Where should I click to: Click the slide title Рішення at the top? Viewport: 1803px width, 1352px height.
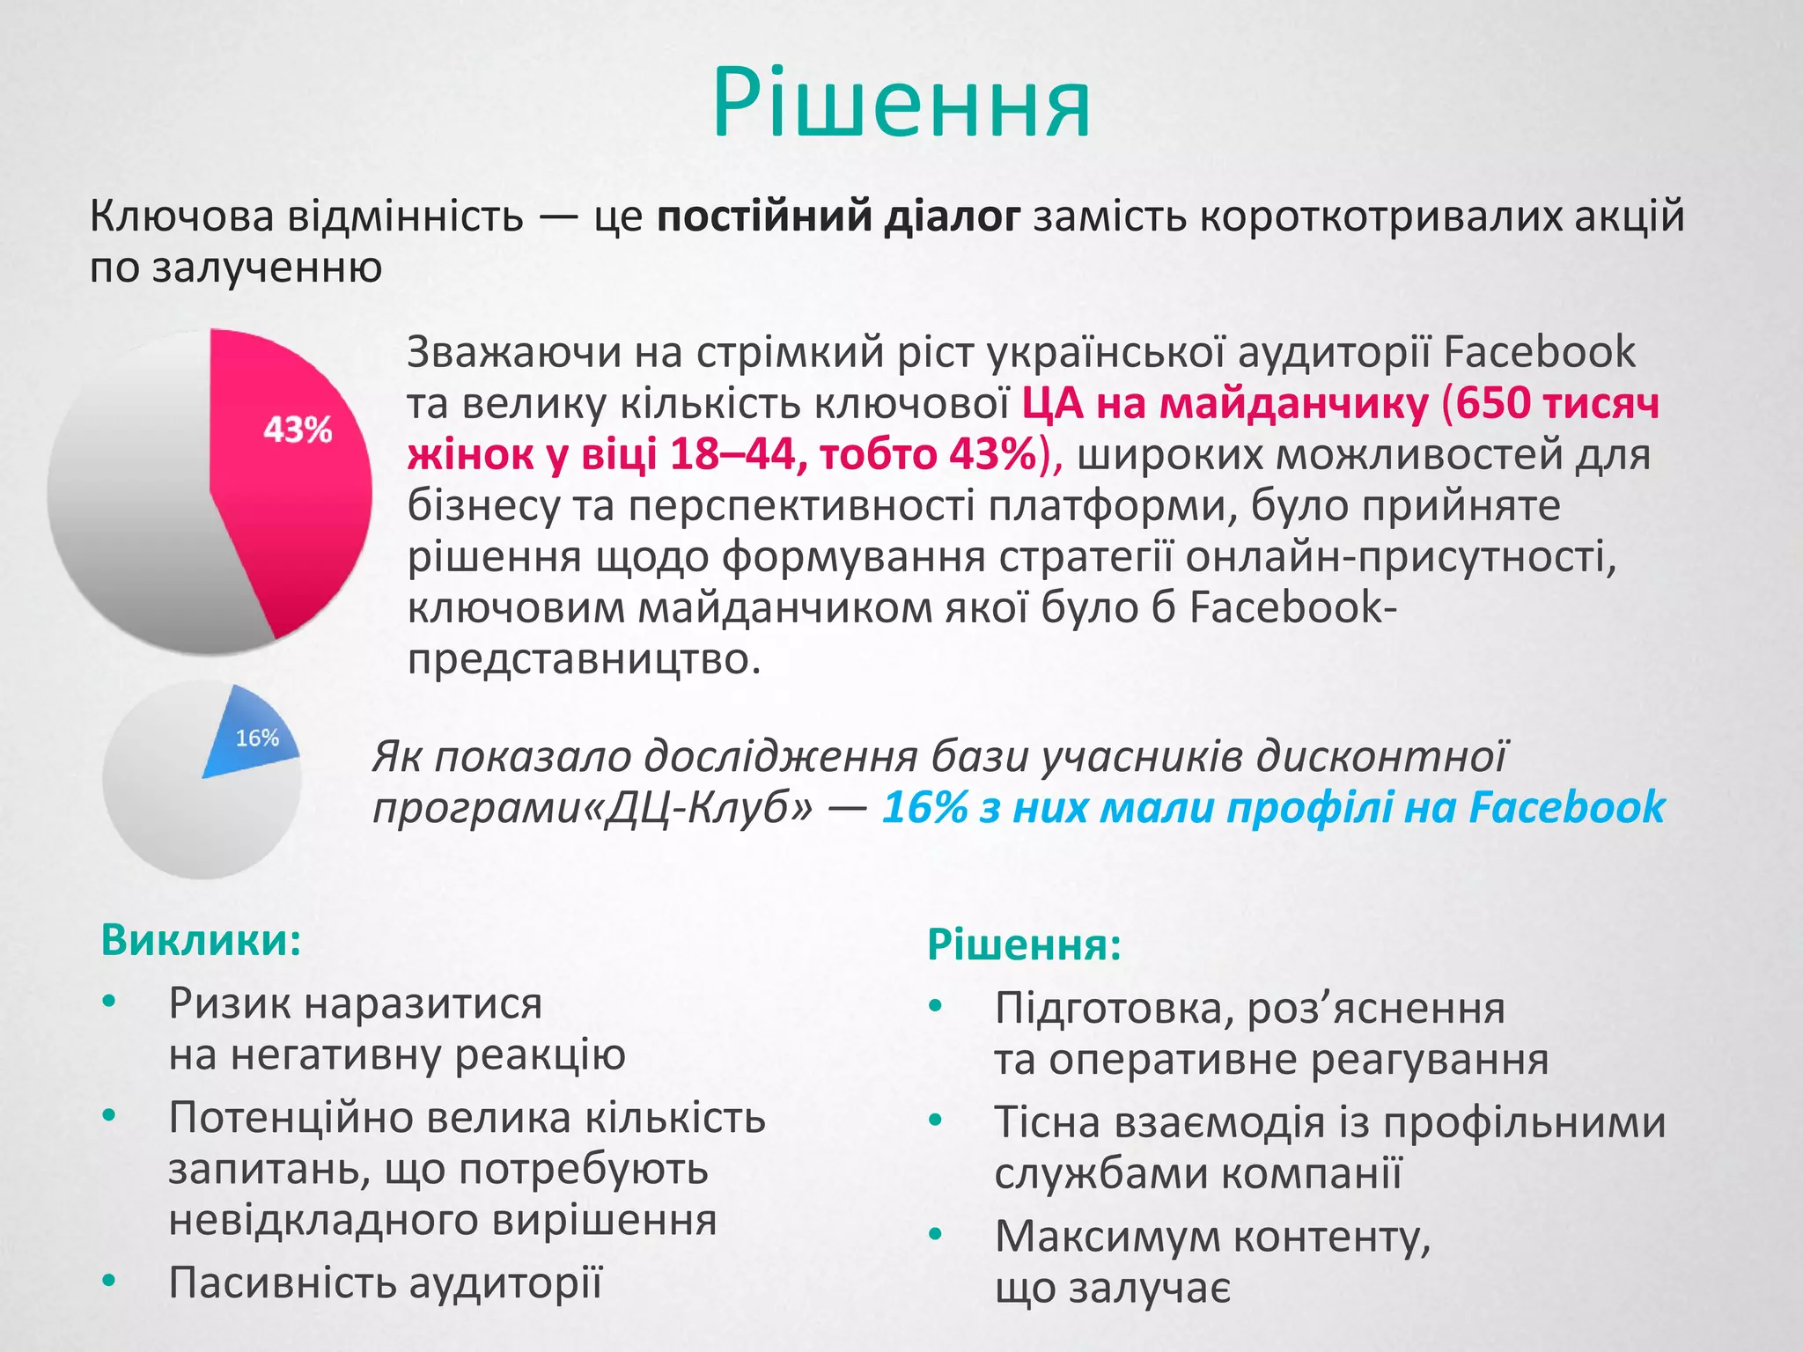(x=901, y=104)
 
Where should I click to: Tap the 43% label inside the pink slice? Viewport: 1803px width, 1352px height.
(x=298, y=430)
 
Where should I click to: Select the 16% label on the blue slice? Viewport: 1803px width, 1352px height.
(x=256, y=738)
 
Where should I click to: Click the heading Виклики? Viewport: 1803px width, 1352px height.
(x=201, y=940)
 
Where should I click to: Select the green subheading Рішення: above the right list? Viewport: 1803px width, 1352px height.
(x=1024, y=945)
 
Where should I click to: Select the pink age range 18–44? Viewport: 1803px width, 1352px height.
(x=733, y=455)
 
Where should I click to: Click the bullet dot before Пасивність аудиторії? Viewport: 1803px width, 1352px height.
(x=108, y=1281)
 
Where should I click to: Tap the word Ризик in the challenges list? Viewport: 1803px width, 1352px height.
(x=232, y=1003)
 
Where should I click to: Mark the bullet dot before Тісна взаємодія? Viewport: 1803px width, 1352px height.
(x=935, y=1121)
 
